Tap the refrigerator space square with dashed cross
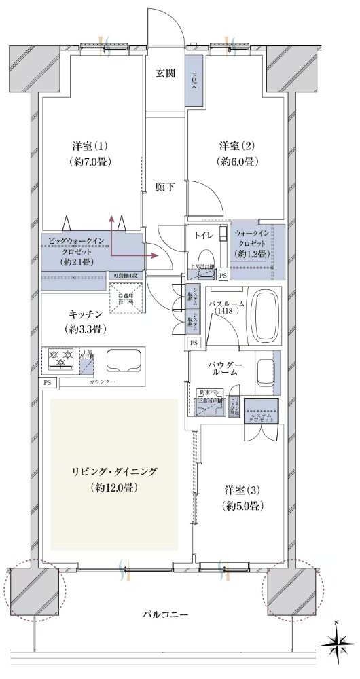127,299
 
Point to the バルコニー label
165,614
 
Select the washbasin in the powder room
266,373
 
